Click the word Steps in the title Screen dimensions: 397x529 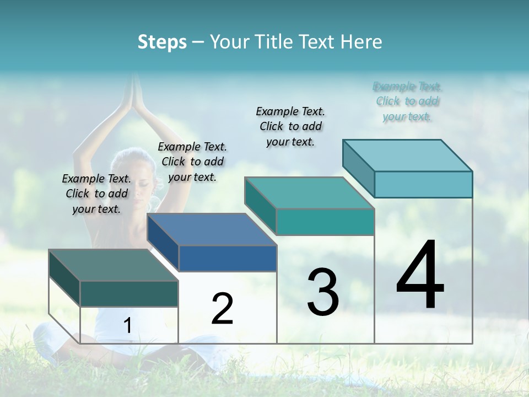coord(162,42)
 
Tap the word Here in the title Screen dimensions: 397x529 coord(361,42)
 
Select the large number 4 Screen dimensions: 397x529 coord(420,276)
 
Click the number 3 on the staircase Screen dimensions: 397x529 coord(323,292)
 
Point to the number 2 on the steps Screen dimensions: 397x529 coord(223,309)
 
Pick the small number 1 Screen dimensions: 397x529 coord(128,326)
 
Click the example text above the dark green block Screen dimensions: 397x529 coord(96,194)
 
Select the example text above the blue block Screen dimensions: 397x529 coord(192,162)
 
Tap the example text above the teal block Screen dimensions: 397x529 coord(290,126)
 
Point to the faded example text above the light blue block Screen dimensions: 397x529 coord(407,101)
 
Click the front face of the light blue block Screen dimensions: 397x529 coord(423,184)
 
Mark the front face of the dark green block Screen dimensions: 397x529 coord(129,293)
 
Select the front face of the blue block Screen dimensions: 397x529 coord(228,258)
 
